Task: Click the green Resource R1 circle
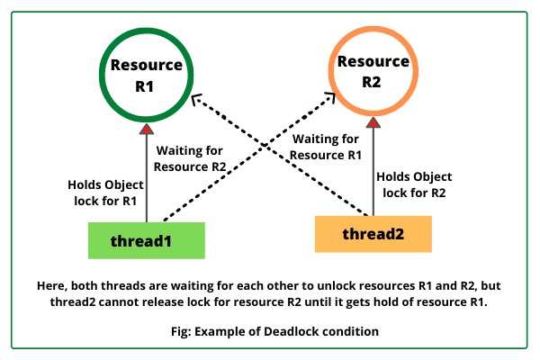click(146, 76)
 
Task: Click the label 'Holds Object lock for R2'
click(414, 184)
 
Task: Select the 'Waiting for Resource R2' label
click(189, 158)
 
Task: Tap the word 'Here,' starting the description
click(51, 284)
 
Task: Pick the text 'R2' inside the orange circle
click(372, 84)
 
